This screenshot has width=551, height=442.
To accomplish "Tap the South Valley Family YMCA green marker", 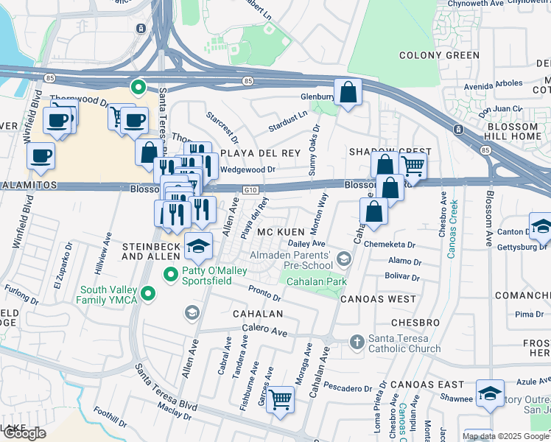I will coord(149,295).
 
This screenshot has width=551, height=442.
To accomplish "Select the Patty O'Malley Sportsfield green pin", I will coord(171,275).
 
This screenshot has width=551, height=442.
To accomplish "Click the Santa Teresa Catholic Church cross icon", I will coord(357,342).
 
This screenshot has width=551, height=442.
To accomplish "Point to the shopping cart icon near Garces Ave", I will coord(280,399).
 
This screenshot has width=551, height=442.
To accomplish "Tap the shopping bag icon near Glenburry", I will coord(348,92).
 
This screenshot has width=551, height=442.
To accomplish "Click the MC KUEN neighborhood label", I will coord(276,232).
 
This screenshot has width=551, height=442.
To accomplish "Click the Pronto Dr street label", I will coord(264,293).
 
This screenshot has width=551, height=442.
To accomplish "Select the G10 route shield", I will coord(251,190).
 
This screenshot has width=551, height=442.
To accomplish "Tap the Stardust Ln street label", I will coord(288,122).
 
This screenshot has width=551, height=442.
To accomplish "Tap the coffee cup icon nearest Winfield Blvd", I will coord(41,155).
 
